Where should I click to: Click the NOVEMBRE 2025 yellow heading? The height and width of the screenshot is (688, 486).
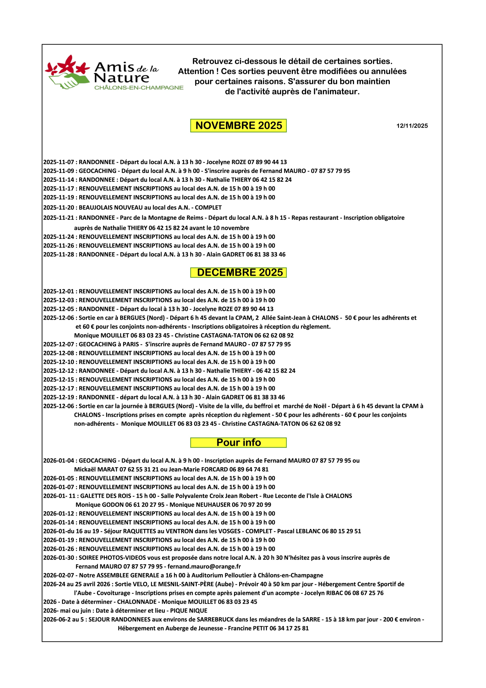238,126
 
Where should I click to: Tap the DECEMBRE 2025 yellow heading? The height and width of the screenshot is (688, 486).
238,272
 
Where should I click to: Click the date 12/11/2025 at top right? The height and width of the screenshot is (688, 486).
412,126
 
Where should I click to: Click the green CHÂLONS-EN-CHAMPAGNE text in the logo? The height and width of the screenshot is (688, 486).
139,88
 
